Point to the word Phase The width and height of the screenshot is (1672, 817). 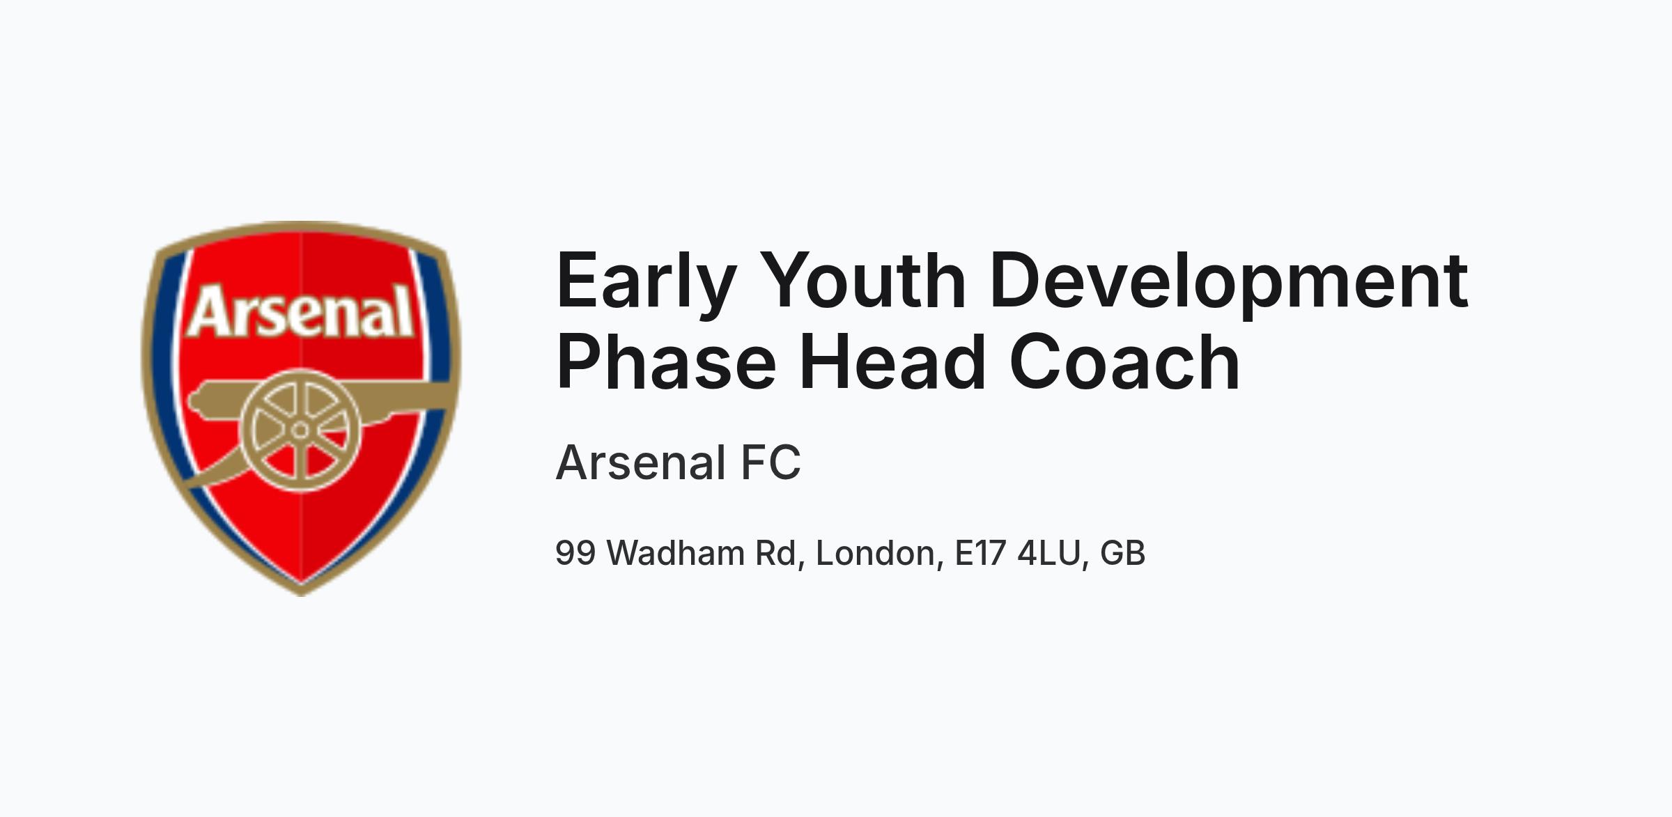tap(666, 361)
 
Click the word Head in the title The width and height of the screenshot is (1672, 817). tap(892, 361)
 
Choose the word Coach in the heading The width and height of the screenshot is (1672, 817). tap(1124, 361)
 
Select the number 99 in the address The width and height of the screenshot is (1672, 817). tap(575, 553)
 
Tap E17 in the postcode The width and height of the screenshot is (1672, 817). tap(980, 553)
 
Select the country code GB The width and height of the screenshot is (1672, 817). tap(1123, 553)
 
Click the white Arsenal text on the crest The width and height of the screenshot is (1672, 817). tap(300, 311)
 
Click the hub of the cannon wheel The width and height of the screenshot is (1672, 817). tap(300, 430)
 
